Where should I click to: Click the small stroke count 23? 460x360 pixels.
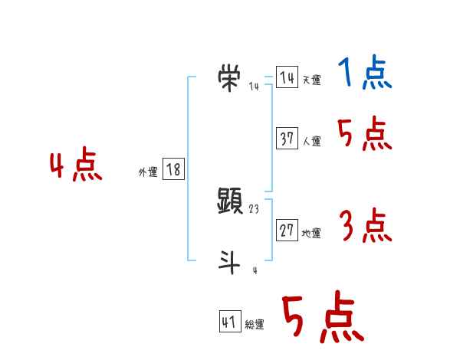[255, 209]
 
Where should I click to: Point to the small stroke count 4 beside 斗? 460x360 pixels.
[255, 270]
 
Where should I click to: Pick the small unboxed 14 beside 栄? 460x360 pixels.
[255, 86]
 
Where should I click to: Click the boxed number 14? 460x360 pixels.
[287, 78]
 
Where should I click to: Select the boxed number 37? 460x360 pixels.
[287, 139]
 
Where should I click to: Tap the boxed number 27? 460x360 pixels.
[287, 231]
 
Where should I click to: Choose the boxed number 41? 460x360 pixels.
[229, 322]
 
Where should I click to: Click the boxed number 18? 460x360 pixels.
[173, 169]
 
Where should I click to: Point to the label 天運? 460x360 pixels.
[311, 80]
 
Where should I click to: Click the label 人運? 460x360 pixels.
[311, 142]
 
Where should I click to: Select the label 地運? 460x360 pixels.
[311, 234]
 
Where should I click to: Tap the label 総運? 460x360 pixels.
[255, 326]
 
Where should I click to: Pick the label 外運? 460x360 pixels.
[147, 172]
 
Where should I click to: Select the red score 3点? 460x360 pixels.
[365, 227]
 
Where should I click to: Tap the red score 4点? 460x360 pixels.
[76, 167]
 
